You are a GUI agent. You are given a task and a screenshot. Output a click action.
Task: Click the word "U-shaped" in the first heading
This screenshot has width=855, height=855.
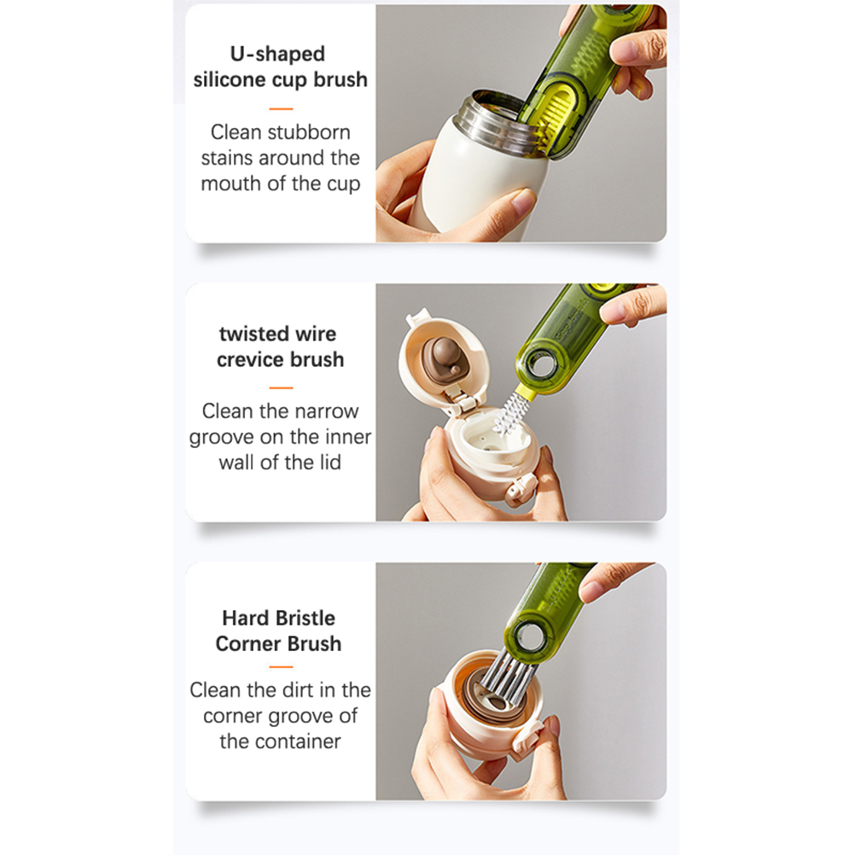277,54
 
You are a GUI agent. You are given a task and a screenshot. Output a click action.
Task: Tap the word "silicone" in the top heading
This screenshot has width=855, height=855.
230,79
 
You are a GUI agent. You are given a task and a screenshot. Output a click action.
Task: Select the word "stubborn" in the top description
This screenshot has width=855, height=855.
317,132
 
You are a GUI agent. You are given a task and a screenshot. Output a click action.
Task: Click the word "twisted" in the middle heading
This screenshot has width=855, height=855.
251,334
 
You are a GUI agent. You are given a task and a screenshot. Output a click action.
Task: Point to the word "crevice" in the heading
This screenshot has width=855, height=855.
250,360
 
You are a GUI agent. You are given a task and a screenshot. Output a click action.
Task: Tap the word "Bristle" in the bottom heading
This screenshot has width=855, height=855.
307,619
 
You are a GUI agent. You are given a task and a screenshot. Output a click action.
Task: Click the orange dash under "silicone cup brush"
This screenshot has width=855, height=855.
281,109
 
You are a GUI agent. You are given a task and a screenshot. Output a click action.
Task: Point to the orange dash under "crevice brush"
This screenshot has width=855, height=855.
281,388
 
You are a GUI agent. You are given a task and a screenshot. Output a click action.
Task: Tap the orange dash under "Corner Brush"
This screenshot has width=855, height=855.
281,667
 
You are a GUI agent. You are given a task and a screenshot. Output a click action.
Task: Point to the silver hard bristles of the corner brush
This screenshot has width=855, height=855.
504,676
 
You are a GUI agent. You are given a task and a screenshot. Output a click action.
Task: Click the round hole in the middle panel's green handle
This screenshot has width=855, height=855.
542,365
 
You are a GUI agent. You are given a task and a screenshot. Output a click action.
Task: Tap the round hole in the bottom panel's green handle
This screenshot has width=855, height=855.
528,637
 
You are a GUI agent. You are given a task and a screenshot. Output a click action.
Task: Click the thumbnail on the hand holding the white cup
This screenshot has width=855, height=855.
523,201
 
